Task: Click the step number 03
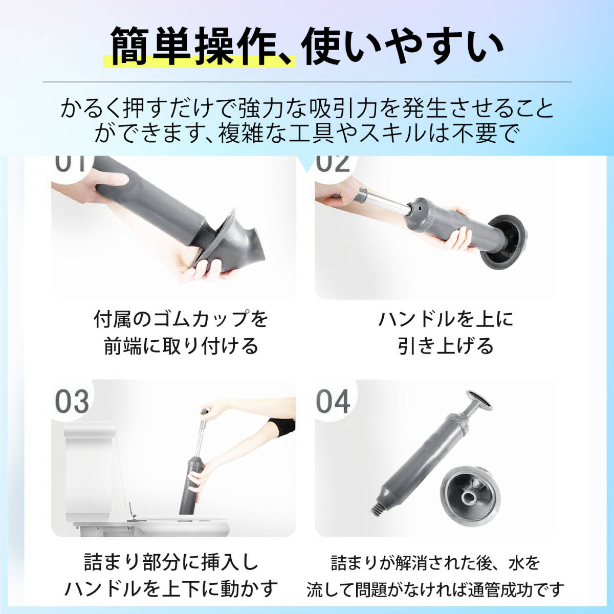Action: (x=72, y=402)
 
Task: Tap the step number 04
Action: (x=333, y=402)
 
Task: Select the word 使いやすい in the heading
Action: (x=402, y=46)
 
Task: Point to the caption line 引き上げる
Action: (x=446, y=346)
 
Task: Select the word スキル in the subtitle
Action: (x=392, y=133)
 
